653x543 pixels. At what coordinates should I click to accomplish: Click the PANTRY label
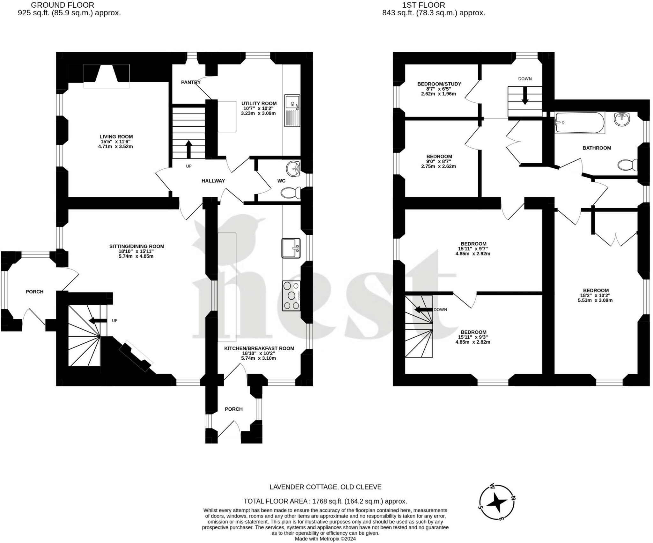point(191,82)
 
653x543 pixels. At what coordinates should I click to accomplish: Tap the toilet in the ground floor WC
point(290,193)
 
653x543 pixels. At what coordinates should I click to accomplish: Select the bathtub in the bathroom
point(580,122)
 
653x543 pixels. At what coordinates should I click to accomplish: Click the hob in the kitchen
point(291,296)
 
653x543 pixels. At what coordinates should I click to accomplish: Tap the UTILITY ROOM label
point(259,104)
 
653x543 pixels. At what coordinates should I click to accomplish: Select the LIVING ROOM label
point(116,137)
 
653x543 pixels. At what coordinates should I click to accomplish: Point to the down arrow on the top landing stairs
point(525,96)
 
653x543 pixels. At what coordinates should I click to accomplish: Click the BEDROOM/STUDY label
point(439,84)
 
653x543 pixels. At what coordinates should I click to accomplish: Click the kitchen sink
point(291,248)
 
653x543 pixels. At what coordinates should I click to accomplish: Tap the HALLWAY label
point(213,181)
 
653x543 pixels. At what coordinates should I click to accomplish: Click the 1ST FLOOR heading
point(423,5)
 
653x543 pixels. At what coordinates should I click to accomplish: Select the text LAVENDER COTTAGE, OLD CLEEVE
point(326,487)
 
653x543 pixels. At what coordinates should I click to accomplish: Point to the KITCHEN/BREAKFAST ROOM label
point(259,349)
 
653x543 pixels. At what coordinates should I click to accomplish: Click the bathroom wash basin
point(622,119)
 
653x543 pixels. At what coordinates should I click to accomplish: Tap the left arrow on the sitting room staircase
point(98,320)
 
